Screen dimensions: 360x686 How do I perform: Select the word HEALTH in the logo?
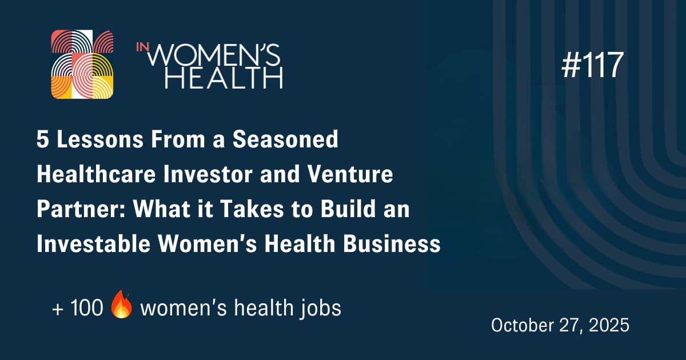[x=224, y=77]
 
